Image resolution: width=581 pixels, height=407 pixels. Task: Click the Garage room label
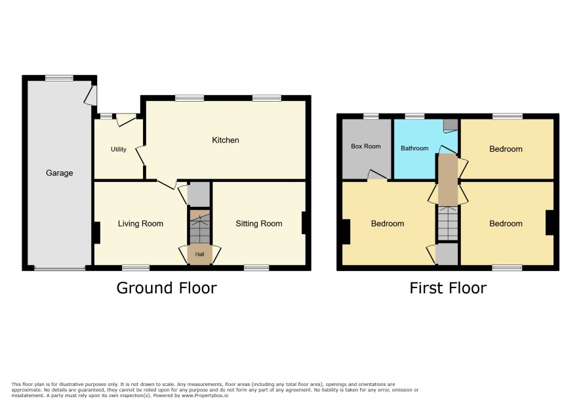59,173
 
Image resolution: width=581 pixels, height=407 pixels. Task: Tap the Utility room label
119,149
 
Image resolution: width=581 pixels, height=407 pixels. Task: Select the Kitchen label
226,140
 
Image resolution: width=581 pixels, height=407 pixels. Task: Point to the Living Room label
140,223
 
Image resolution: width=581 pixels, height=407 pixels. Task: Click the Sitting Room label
259,223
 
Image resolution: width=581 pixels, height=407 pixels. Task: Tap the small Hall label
200,254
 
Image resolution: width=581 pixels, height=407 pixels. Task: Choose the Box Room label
366,146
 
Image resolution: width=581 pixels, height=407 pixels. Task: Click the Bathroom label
414,148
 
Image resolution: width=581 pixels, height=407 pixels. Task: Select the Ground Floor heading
167,288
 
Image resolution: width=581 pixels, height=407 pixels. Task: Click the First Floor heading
448,288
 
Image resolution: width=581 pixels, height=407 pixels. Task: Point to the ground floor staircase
200,227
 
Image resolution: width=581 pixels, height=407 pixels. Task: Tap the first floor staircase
448,223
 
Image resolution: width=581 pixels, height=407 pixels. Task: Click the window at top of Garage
59,78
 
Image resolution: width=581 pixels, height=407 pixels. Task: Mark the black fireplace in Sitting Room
304,223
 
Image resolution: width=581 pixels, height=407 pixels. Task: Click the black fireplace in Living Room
96,232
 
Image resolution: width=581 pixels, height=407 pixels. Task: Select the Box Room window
371,116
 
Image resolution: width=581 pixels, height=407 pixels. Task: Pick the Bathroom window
414,116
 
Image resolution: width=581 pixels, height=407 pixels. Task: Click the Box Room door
377,175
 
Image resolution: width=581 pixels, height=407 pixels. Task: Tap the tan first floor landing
448,180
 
